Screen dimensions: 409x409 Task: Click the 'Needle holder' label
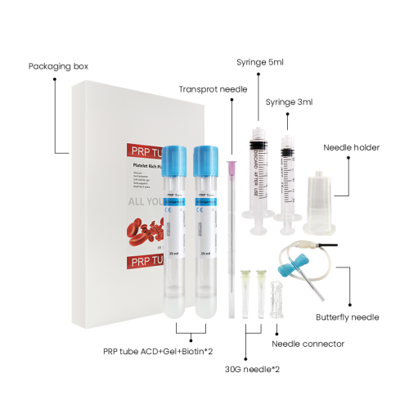pyautogui.click(x=350, y=147)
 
